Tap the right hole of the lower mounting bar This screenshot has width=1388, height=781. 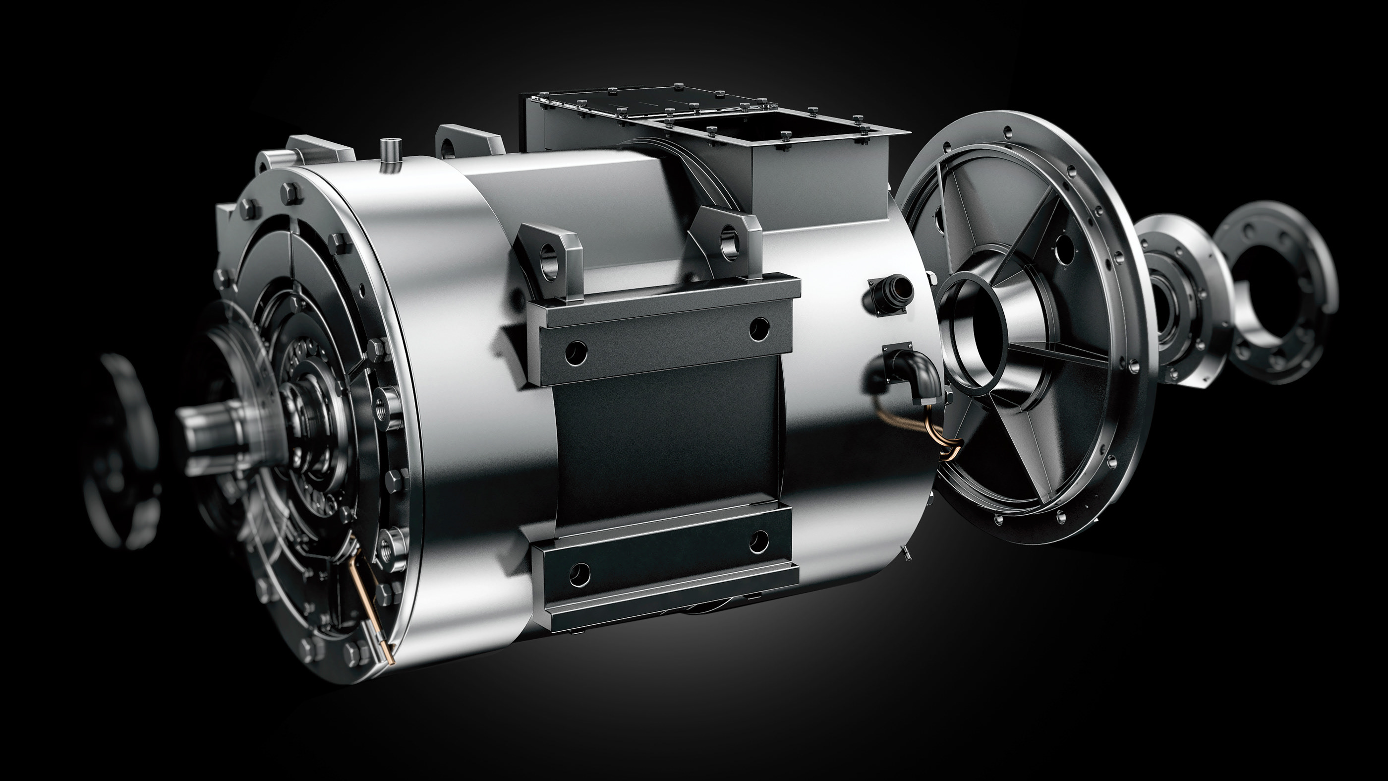(758, 540)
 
